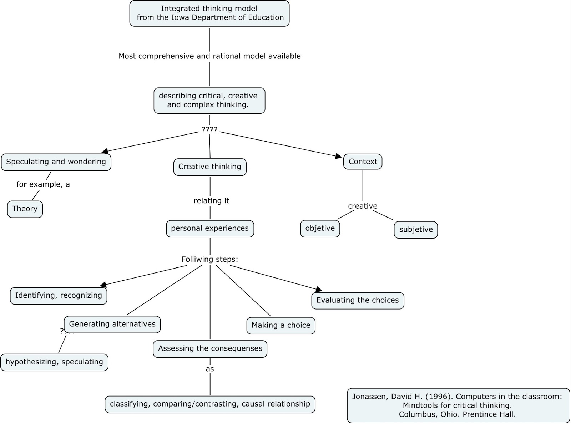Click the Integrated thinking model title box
tap(209, 13)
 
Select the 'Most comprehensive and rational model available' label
tap(209, 56)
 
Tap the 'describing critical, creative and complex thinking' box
tap(209, 101)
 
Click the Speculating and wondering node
tap(56, 162)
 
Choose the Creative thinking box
tap(210, 167)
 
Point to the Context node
tap(363, 162)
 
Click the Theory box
tap(25, 209)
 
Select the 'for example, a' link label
tap(43, 184)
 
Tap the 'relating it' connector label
tap(211, 201)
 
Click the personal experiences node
tap(210, 229)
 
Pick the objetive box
tap(320, 229)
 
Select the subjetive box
tap(416, 230)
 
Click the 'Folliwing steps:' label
tap(209, 259)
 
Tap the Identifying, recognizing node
tap(59, 296)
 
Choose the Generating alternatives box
tap(112, 324)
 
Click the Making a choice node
tap(281, 326)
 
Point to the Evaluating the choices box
tap(358, 301)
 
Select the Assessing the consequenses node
tap(210, 349)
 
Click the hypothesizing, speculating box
tap(54, 362)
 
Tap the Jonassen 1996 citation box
tap(458, 405)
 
